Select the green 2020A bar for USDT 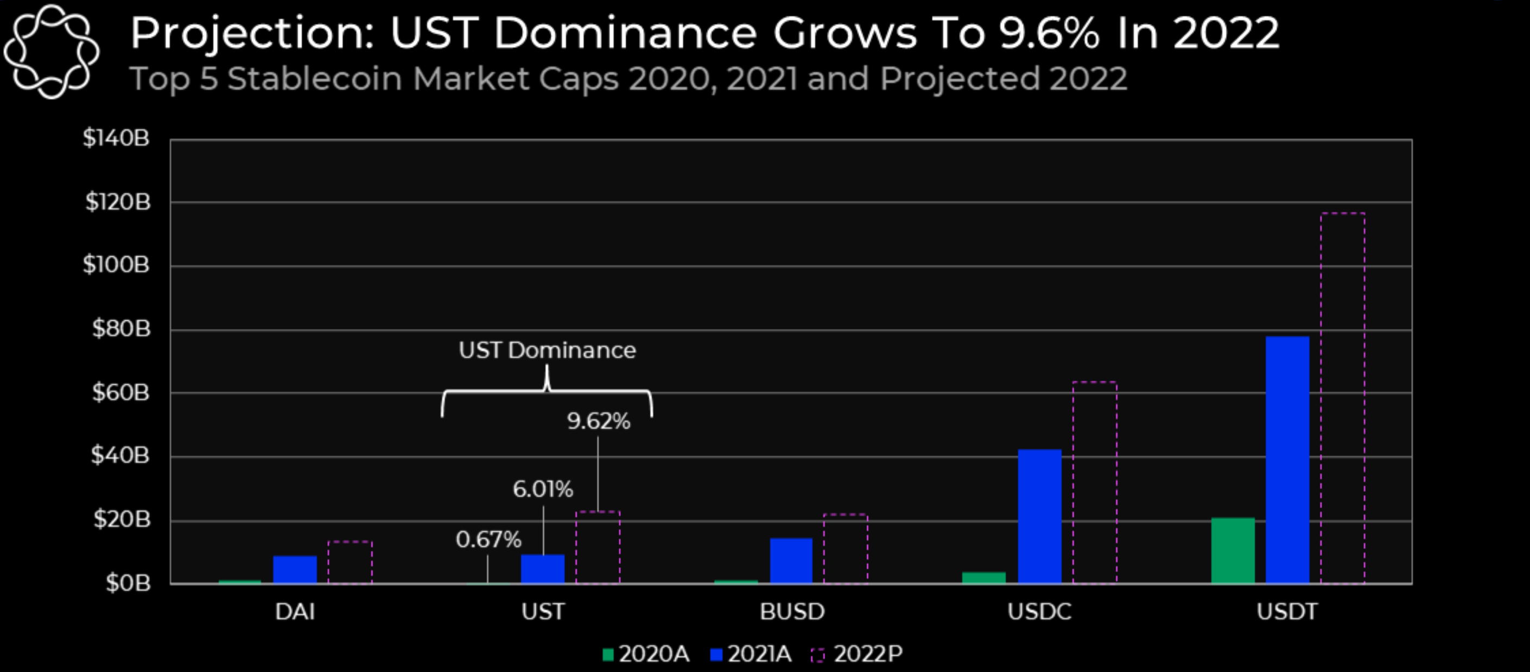tap(1233, 550)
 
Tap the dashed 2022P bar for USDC tap(1094, 482)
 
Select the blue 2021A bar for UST tap(543, 569)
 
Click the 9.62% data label tap(598, 421)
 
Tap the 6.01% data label tap(543, 490)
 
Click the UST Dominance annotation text tap(547, 351)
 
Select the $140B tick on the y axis tap(116, 138)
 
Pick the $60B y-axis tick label tap(120, 393)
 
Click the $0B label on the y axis tap(128, 584)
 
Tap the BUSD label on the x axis tap(792, 611)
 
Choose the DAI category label tap(295, 611)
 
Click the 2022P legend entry tap(856, 654)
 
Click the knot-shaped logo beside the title tap(51, 51)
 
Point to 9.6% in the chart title tap(1048, 33)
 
